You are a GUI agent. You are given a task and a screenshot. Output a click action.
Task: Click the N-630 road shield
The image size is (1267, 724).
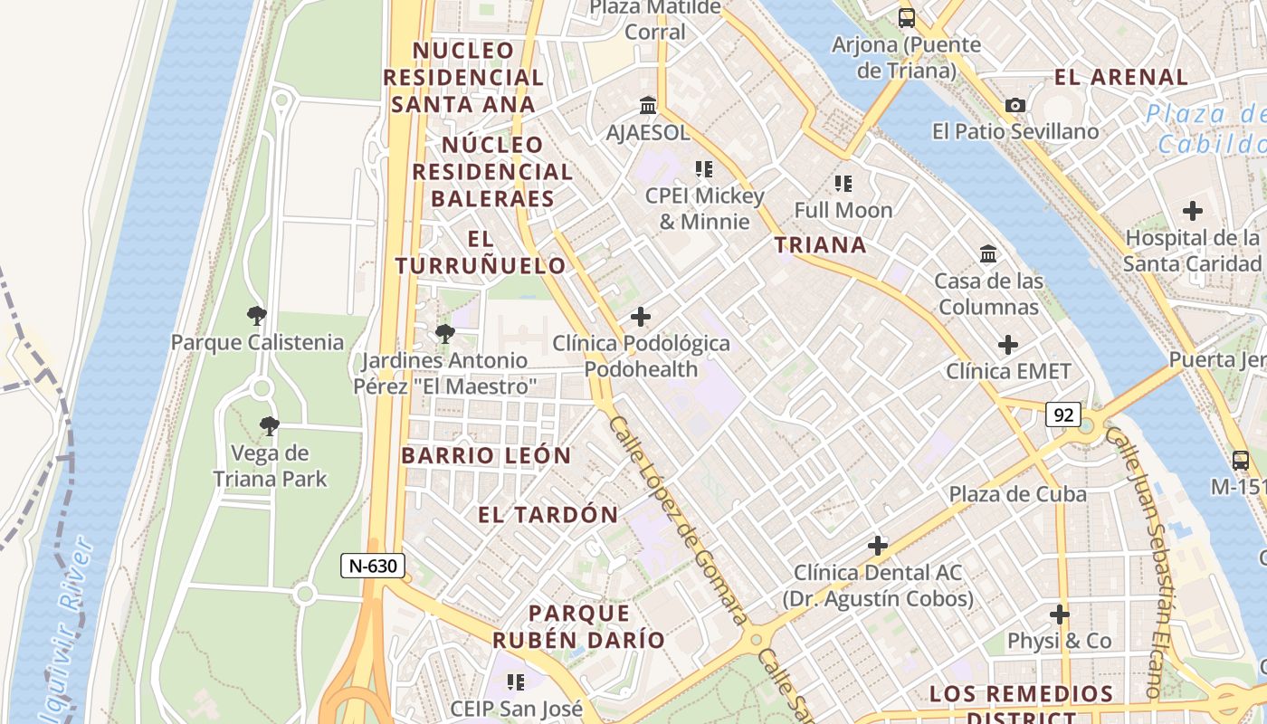click(x=373, y=566)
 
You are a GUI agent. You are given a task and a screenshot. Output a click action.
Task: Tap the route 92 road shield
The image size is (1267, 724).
click(x=1063, y=414)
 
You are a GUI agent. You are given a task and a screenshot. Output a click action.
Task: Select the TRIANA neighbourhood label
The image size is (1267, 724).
click(x=820, y=244)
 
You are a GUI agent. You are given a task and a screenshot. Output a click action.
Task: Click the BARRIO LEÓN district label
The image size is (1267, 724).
click(x=486, y=455)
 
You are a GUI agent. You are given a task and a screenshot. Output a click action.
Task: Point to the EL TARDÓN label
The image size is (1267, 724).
click(x=548, y=515)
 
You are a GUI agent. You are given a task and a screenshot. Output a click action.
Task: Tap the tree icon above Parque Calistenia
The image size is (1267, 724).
click(x=257, y=316)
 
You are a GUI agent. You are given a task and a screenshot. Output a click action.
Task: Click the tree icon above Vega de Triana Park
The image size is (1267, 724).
click(x=269, y=426)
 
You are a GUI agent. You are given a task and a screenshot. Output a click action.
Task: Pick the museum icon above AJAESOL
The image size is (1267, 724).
click(x=648, y=106)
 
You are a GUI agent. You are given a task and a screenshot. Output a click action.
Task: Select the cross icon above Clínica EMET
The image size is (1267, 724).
click(x=1007, y=345)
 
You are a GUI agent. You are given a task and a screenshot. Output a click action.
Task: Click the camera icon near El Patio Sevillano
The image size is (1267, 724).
click(x=1015, y=106)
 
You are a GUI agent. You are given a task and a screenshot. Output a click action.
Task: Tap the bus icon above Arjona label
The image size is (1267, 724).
click(x=906, y=17)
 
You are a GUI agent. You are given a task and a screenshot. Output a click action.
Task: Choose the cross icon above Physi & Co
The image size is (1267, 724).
click(x=1059, y=614)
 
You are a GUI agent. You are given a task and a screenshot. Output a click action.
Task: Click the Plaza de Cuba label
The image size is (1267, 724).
click(x=1017, y=494)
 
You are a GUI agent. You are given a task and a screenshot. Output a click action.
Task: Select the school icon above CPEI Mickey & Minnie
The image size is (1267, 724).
click(x=703, y=168)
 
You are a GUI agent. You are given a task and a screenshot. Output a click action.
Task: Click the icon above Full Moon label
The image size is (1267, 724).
click(x=843, y=184)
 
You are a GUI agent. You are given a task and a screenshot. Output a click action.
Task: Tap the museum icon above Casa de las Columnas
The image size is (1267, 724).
click(x=987, y=254)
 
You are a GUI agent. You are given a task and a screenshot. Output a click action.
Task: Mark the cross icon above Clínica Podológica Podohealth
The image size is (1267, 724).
click(x=641, y=317)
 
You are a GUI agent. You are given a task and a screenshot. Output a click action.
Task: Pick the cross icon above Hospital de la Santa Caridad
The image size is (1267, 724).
click(x=1192, y=212)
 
